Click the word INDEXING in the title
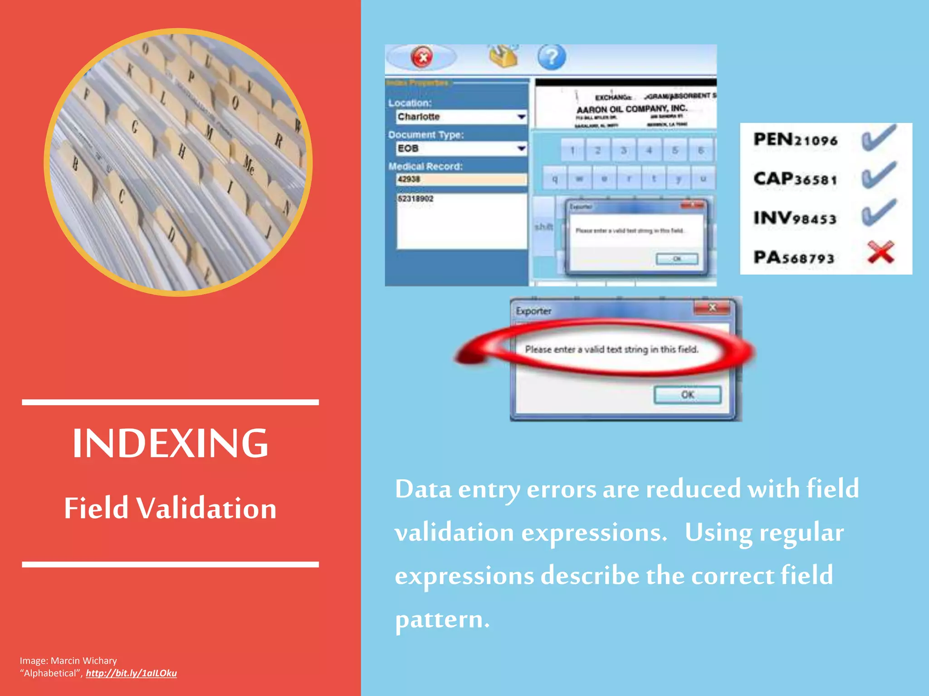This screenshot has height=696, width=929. point(171,443)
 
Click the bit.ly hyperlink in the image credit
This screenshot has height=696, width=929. point(131,673)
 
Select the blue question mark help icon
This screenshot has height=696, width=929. point(552,58)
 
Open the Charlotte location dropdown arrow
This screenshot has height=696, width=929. point(521,117)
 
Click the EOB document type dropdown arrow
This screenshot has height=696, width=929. point(521,148)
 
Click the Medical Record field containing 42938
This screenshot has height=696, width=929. point(461,179)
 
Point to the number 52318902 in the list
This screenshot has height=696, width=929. point(416,199)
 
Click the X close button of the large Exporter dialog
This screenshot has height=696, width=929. point(712,308)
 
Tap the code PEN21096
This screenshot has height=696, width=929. point(796,140)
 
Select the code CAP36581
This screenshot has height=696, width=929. point(796,179)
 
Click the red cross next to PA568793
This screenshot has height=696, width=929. point(880,252)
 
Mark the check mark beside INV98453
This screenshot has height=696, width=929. point(879,213)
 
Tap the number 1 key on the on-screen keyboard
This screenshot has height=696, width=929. point(572,150)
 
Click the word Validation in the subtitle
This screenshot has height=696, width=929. point(206,508)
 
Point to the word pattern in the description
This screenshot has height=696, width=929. point(442,619)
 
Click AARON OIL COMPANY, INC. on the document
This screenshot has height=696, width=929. point(632,109)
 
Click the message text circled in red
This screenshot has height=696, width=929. point(611,349)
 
